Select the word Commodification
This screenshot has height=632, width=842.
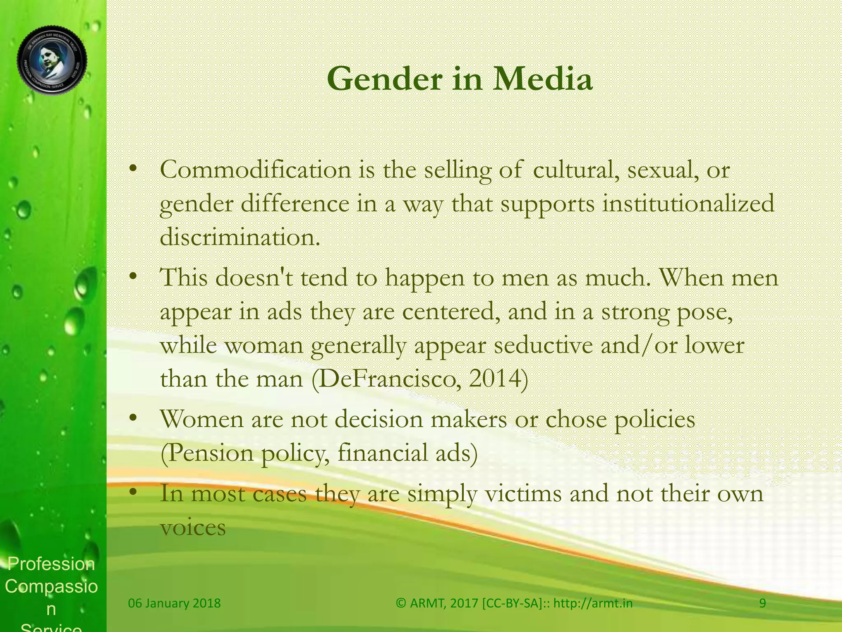coord(255,170)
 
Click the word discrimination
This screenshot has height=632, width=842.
coord(239,237)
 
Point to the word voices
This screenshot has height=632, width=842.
coord(193,528)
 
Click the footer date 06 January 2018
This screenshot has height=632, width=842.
coord(174,603)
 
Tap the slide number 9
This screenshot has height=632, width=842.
coord(763,603)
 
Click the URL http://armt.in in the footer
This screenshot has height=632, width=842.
coord(593,603)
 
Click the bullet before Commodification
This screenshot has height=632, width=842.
coord(132,170)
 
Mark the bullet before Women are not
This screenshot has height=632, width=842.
coord(132,419)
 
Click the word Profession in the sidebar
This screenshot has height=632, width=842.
coord(51,564)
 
